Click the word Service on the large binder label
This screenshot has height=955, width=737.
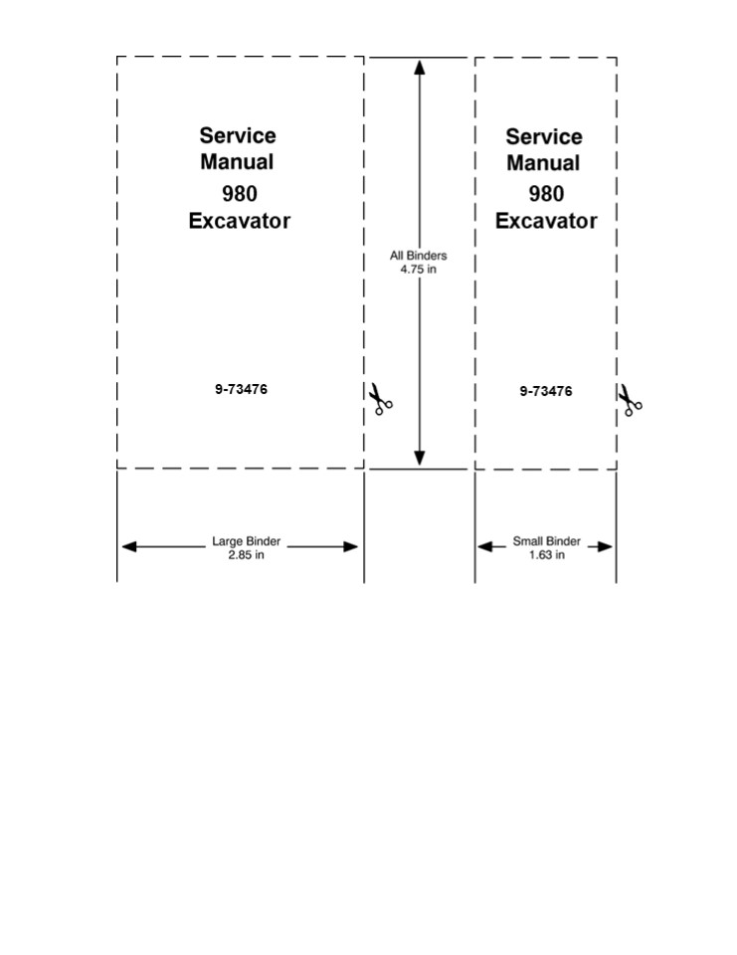tap(238, 135)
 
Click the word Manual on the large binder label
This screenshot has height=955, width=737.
tap(237, 161)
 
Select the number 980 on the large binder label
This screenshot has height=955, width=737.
tap(239, 193)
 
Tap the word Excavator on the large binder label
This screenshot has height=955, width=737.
tap(240, 221)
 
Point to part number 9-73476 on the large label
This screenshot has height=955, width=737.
tap(241, 389)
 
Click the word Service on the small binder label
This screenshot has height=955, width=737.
tap(544, 136)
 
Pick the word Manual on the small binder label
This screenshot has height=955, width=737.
tap(543, 162)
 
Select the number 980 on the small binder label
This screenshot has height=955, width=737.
tap(546, 193)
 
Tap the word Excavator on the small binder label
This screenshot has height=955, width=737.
tap(546, 221)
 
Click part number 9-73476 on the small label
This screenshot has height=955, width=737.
tap(545, 391)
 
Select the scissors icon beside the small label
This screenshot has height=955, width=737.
tap(630, 400)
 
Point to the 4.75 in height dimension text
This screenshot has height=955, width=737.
tap(418, 269)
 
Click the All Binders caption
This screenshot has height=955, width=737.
tap(418, 256)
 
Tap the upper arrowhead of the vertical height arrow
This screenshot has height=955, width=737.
tap(420, 68)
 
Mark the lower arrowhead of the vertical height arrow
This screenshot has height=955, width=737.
tap(420, 458)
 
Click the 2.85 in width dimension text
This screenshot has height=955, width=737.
tap(246, 555)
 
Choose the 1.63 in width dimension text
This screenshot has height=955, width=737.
tap(547, 555)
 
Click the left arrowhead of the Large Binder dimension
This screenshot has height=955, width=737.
tap(127, 546)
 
